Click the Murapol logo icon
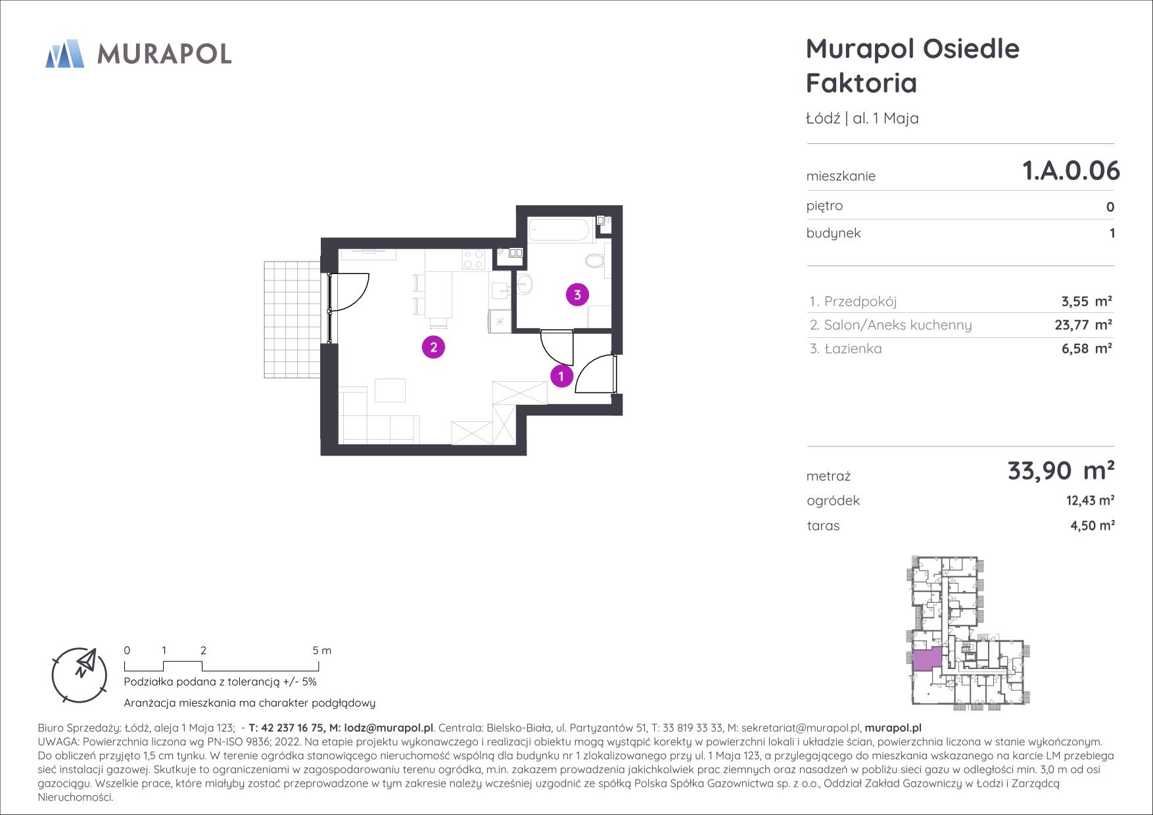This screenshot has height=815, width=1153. [x=65, y=53]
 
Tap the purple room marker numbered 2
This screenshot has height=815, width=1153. [x=433, y=347]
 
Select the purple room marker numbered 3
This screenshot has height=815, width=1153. [x=577, y=294]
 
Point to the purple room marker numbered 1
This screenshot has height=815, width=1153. [x=561, y=377]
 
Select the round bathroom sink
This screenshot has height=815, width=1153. [x=525, y=284]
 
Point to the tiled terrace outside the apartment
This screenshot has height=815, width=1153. [x=292, y=319]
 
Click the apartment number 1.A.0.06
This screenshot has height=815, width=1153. [x=1071, y=170]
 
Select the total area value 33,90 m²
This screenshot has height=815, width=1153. [x=1060, y=471]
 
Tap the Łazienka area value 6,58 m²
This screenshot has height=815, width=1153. [x=1087, y=348]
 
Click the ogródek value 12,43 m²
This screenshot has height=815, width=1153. [x=1090, y=501]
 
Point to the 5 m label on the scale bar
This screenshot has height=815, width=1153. [x=322, y=651]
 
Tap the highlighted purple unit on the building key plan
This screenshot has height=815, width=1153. [x=927, y=659]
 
